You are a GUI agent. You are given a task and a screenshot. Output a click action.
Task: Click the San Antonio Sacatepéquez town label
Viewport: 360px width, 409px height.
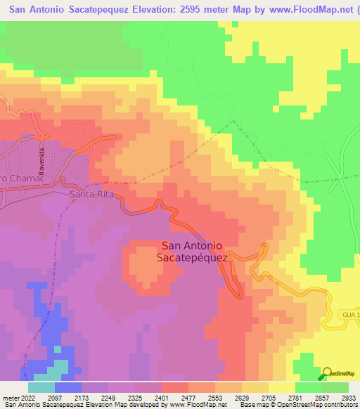click(x=193, y=252)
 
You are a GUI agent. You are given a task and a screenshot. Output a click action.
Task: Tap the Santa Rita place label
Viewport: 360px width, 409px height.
click(x=91, y=193)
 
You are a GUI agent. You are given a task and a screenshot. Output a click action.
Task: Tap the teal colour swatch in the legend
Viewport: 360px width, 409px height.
click(x=41, y=387)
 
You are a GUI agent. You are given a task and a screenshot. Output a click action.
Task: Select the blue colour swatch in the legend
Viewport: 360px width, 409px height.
click(x=68, y=387)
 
